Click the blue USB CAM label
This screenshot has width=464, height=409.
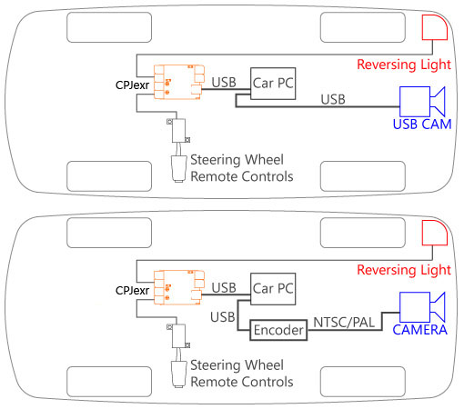click(x=422, y=125)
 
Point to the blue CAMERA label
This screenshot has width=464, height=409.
click(x=420, y=330)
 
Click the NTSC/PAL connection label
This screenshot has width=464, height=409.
click(x=344, y=323)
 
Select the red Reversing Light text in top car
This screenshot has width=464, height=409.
click(x=404, y=65)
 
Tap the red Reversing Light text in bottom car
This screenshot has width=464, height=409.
click(x=404, y=270)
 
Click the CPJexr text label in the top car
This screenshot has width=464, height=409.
click(x=133, y=85)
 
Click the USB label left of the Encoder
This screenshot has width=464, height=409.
click(x=223, y=317)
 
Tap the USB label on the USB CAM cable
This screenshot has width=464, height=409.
click(x=333, y=100)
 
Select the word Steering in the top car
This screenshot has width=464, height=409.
click(x=216, y=160)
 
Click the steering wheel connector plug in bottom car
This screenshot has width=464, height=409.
click(x=178, y=374)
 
